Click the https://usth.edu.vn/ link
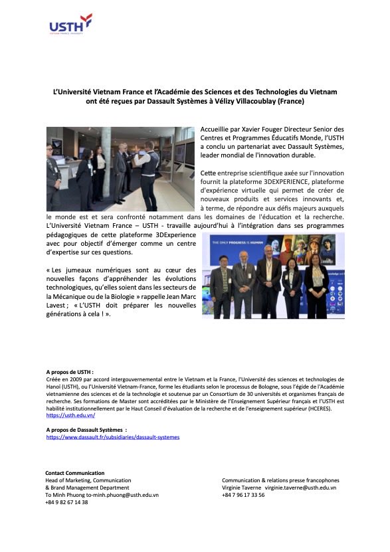tap(70, 415)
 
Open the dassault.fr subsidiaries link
tap(112, 437)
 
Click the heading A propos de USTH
tap(70, 373)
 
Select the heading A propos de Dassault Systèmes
tap(86, 430)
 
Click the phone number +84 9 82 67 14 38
tap(66, 502)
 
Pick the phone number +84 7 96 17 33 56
tap(243, 495)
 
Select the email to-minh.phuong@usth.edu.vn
tap(121, 495)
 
